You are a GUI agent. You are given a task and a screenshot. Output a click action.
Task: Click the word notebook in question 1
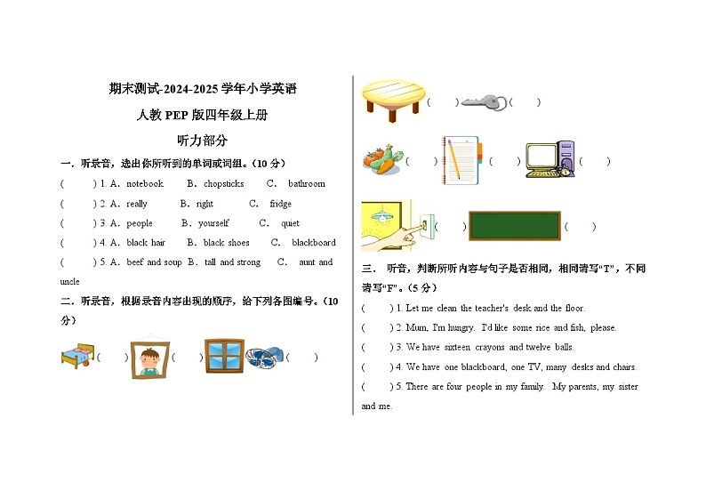pyautogui.click(x=145, y=184)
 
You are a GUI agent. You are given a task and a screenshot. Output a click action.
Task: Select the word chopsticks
pyautogui.click(x=223, y=184)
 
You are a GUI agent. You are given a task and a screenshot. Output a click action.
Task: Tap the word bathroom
pyautogui.click(x=307, y=184)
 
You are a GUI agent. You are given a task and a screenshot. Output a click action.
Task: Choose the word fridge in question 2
pyautogui.click(x=280, y=204)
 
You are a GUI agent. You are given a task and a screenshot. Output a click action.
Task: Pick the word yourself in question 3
pyautogui.click(x=213, y=223)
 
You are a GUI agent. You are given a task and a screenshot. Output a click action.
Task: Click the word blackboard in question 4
pyautogui.click(x=314, y=243)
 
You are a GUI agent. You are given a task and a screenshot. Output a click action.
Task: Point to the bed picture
pyautogui.click(x=76, y=356)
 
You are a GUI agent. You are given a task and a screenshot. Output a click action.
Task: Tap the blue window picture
pyautogui.click(x=224, y=356)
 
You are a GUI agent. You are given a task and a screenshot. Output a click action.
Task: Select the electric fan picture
pyautogui.click(x=264, y=357)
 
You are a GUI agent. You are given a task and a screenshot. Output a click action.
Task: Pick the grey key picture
pyautogui.click(x=484, y=102)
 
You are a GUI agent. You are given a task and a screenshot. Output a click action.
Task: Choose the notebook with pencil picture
pyautogui.click(x=461, y=160)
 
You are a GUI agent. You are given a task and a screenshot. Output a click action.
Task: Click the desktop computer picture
pyautogui.click(x=550, y=160)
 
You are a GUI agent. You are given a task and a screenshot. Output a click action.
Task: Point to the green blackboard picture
pyautogui.click(x=514, y=226)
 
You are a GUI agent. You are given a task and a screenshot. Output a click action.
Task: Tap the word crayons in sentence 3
pyautogui.click(x=494, y=348)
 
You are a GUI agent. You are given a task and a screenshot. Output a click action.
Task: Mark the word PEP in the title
pyautogui.click(x=178, y=115)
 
